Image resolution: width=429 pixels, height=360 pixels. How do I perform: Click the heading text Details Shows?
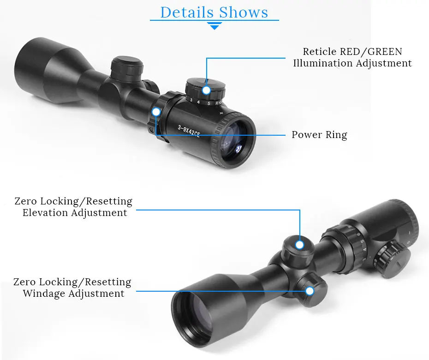click(x=214, y=12)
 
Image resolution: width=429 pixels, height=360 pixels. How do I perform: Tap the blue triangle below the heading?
click(x=214, y=27)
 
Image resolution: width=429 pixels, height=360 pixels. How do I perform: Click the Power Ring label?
click(x=319, y=135)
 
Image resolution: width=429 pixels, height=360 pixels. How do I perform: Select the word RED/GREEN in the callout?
click(x=368, y=52)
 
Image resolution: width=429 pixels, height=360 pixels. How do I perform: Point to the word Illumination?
click(x=322, y=63)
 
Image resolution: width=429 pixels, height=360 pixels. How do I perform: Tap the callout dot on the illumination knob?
click(x=206, y=90)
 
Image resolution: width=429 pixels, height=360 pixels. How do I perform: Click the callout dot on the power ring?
click(x=156, y=111)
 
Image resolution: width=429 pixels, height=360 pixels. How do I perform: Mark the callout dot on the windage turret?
click(x=310, y=291)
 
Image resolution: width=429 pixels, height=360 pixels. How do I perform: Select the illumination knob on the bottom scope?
click(x=393, y=261)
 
